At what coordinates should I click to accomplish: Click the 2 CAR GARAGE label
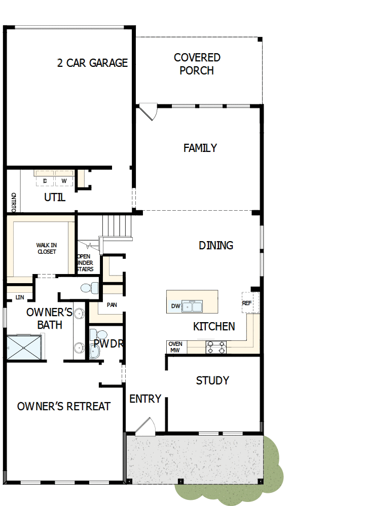pos(92,63)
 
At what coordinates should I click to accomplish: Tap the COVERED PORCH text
pos(197,64)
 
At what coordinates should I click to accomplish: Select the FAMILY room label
pos(200,148)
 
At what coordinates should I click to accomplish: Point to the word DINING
pos(216,245)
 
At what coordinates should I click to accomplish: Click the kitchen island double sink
pos(193,306)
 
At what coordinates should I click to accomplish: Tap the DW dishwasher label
pos(175,306)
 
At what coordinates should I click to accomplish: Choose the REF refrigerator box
pos(247,303)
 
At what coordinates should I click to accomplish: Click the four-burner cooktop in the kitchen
pos(216,347)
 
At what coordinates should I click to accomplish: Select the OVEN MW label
pos(175,347)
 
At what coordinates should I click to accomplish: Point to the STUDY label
pos(212,380)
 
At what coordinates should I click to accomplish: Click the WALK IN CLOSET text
pos(46,248)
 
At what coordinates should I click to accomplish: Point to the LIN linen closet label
pos(20,297)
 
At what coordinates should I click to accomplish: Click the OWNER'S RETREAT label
pos(64,406)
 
